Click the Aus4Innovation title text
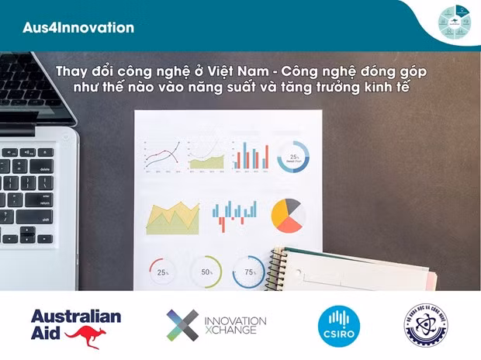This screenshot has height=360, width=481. [x=78, y=28]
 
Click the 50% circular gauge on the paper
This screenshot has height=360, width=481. [x=206, y=272]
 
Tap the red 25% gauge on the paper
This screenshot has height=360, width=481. [x=163, y=272]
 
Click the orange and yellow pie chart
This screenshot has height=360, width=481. [x=287, y=216]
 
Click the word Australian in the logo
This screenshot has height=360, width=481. [x=76, y=316]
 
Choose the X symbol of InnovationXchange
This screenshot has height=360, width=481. [x=182, y=325]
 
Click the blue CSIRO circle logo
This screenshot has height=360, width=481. [x=339, y=325]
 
